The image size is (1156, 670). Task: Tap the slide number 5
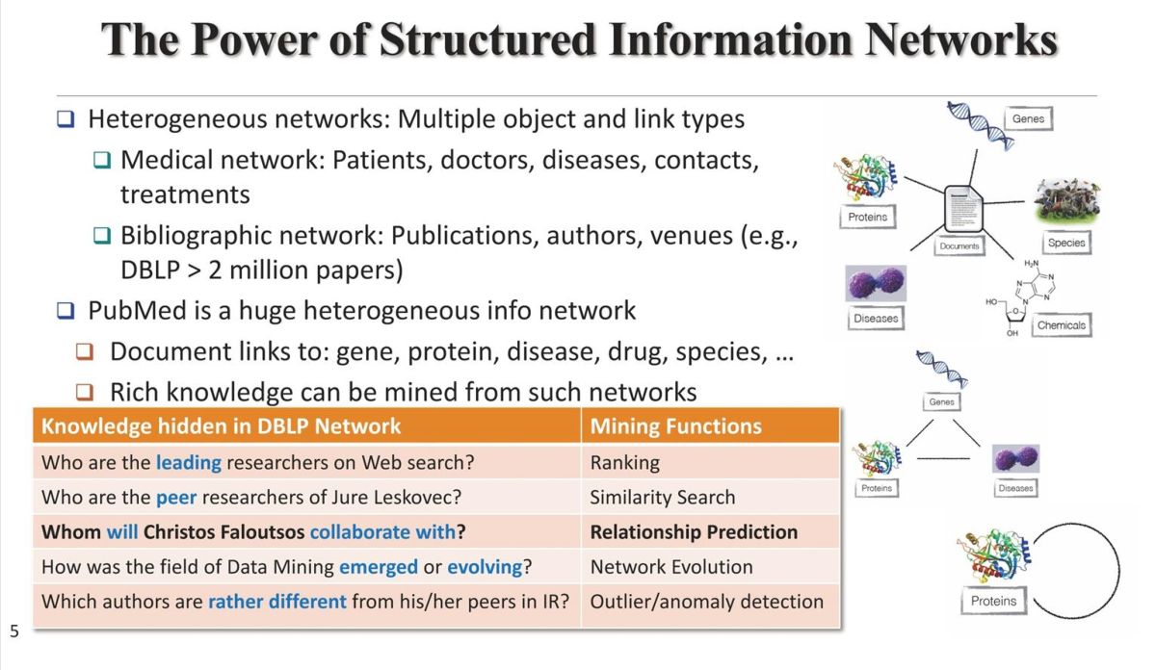(13, 632)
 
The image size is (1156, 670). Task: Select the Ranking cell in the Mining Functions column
(625, 463)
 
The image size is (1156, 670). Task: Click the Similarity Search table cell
(663, 498)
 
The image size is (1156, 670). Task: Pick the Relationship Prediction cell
(694, 532)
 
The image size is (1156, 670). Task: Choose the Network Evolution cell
(671, 567)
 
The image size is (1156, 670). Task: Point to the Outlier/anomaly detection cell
(706, 602)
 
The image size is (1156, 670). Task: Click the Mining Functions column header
(675, 426)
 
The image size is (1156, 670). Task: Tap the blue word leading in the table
(188, 463)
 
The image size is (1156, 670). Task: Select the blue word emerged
(378, 567)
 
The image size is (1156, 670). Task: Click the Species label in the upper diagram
(1065, 244)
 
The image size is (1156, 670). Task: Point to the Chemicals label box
(1061, 325)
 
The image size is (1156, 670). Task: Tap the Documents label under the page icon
(959, 246)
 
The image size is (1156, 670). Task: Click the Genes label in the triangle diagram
(941, 401)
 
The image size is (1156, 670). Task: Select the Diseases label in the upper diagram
(875, 319)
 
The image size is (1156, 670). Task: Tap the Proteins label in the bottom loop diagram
(993, 602)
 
